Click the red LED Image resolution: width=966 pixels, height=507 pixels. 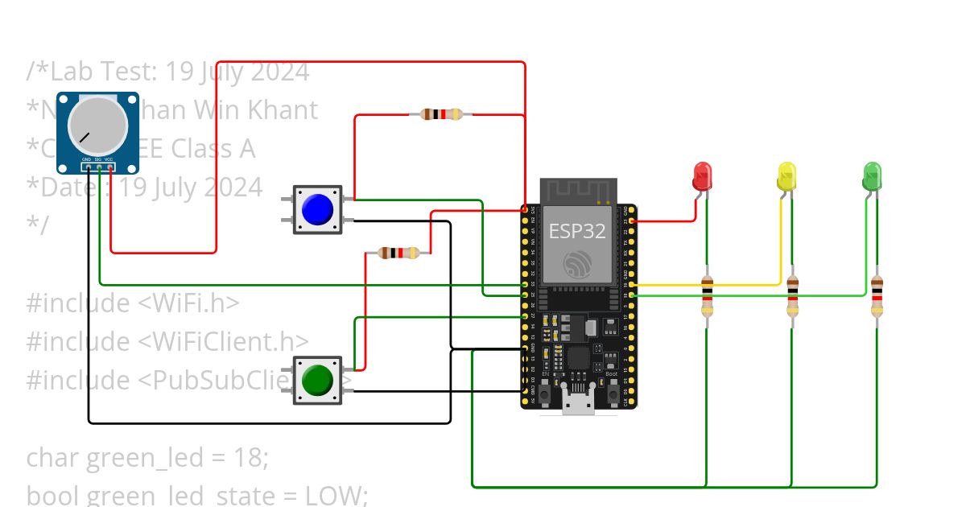(702, 175)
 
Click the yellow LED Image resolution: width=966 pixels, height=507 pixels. (786, 175)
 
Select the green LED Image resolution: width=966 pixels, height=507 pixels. (872, 175)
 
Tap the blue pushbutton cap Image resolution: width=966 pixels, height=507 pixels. (317, 209)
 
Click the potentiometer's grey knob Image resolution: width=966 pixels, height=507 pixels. (97, 126)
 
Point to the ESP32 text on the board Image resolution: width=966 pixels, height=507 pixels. (577, 231)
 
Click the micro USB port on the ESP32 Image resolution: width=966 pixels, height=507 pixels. (579, 405)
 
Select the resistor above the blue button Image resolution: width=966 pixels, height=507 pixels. (440, 114)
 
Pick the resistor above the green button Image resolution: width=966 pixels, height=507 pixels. (398, 253)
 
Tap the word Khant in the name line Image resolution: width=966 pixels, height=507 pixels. (285, 109)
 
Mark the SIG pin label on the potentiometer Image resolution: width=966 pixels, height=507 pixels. (97, 160)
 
